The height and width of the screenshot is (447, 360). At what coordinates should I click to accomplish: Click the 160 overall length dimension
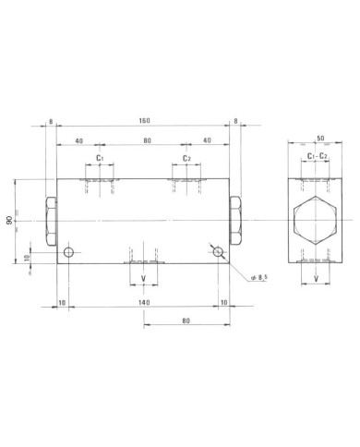click(x=144, y=120)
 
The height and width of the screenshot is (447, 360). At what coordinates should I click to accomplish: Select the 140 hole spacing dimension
click(x=144, y=302)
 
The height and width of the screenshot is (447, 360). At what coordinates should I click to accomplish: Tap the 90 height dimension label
click(x=10, y=221)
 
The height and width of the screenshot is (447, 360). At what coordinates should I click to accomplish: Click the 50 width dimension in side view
click(x=320, y=139)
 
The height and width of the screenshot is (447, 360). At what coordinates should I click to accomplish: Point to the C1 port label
click(x=100, y=158)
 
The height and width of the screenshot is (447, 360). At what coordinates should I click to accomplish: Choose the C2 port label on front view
click(x=186, y=158)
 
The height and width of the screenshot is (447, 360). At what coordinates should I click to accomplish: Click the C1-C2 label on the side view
click(x=318, y=156)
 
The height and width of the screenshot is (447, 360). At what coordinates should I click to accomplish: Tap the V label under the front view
click(x=143, y=279)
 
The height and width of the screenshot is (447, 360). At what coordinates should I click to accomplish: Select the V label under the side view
click(x=316, y=279)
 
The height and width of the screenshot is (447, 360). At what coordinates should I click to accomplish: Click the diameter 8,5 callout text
click(x=259, y=277)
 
